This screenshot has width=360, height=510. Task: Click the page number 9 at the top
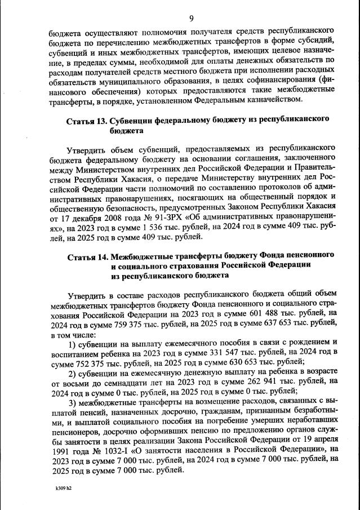pyautogui.click(x=192, y=17)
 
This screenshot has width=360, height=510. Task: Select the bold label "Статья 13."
pyautogui.click(x=86, y=120)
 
